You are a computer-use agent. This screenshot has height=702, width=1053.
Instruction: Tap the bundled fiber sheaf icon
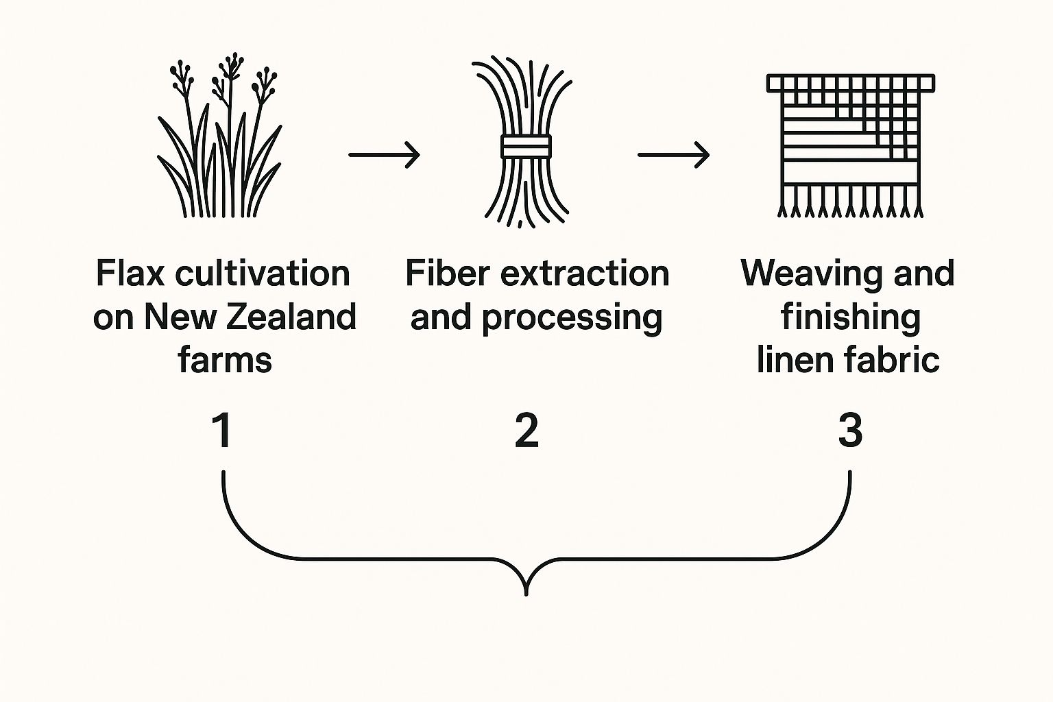click(x=525, y=144)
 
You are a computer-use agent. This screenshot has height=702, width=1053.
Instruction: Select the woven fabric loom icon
click(x=850, y=144)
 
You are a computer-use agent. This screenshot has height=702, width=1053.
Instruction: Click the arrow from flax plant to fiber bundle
click(x=384, y=155)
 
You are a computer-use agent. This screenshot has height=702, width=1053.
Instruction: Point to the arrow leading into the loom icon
click(x=673, y=155)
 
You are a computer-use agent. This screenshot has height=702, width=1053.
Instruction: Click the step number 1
click(x=221, y=431)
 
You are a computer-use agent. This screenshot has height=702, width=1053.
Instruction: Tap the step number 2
click(x=526, y=431)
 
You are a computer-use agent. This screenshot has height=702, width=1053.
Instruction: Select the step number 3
click(x=850, y=431)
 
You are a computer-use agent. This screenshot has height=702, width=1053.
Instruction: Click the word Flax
click(x=130, y=274)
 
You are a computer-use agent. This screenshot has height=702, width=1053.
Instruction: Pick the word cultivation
click(x=263, y=274)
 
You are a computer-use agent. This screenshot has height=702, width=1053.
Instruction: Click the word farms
click(x=225, y=360)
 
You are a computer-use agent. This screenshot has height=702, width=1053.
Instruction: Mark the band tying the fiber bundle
click(x=525, y=147)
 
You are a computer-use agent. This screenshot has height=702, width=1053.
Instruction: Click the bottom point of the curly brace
click(x=526, y=594)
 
